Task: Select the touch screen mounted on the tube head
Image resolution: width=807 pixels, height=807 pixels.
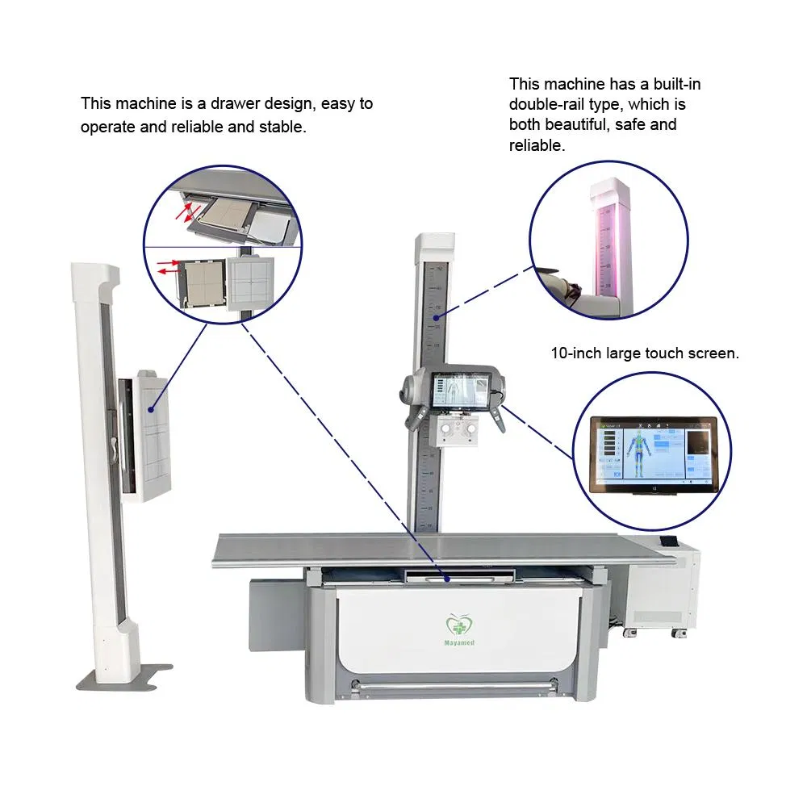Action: coord(462,390)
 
